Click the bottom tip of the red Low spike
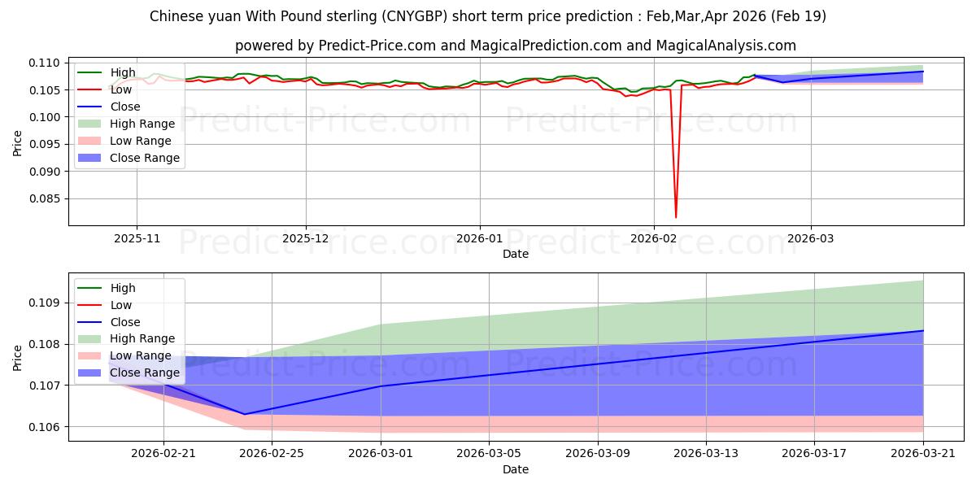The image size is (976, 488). click(676, 217)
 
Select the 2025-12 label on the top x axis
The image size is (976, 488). click(306, 238)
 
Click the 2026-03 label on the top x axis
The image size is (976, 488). click(810, 238)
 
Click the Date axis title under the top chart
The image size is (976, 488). click(516, 254)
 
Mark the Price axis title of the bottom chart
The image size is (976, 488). click(18, 357)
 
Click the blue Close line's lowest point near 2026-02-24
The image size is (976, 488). click(245, 414)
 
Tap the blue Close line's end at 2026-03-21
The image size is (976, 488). click(923, 331)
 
